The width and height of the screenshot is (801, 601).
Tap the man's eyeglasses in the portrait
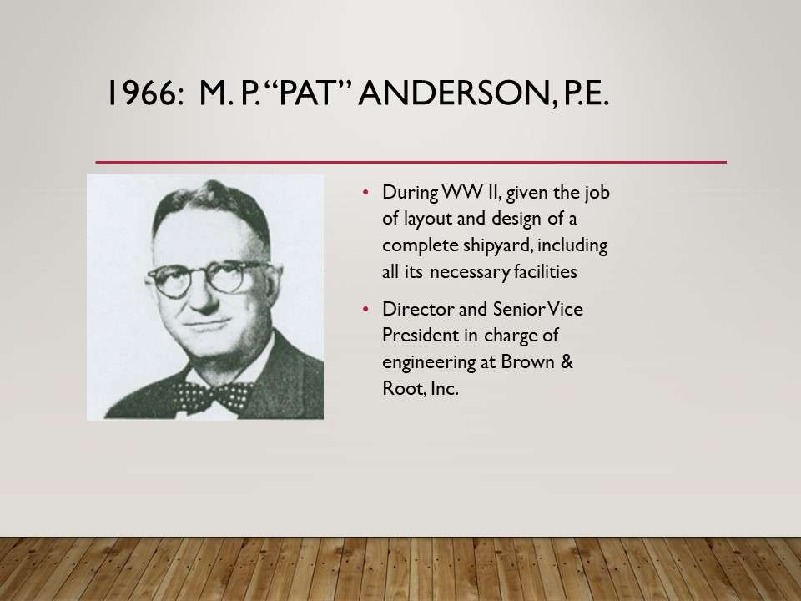click(x=209, y=278)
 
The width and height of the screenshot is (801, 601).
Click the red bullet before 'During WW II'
click(x=365, y=193)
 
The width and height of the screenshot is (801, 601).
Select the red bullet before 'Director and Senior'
click(x=365, y=309)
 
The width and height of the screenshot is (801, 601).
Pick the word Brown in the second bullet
click(x=527, y=361)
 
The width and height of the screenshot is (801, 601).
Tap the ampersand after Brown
click(x=567, y=361)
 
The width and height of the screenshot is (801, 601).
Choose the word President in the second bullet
click(x=421, y=336)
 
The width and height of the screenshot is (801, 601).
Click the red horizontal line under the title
click(x=411, y=162)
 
